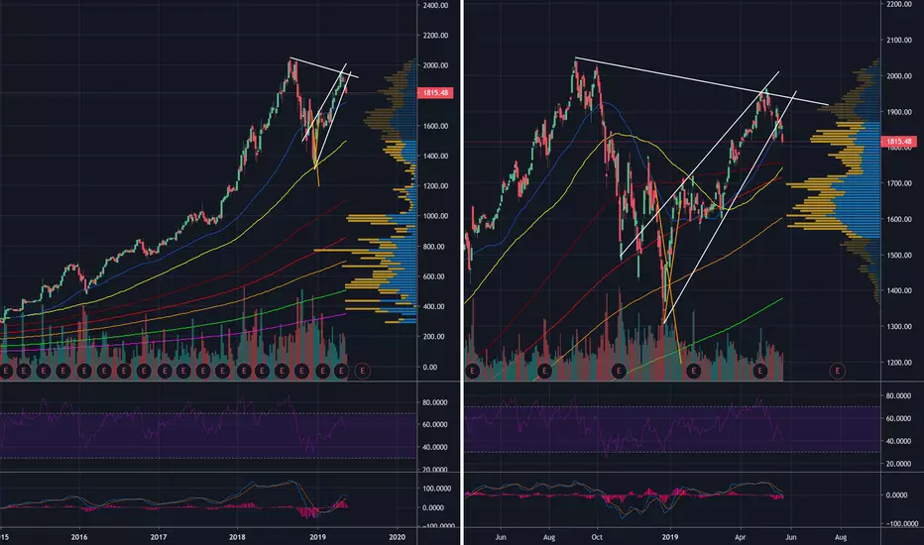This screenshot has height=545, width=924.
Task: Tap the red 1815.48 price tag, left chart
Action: (x=436, y=93)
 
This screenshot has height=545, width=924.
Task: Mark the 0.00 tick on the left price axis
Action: (x=428, y=368)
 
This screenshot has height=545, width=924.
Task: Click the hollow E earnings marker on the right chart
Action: (x=839, y=370)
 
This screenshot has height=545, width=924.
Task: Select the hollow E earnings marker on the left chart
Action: (x=362, y=370)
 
